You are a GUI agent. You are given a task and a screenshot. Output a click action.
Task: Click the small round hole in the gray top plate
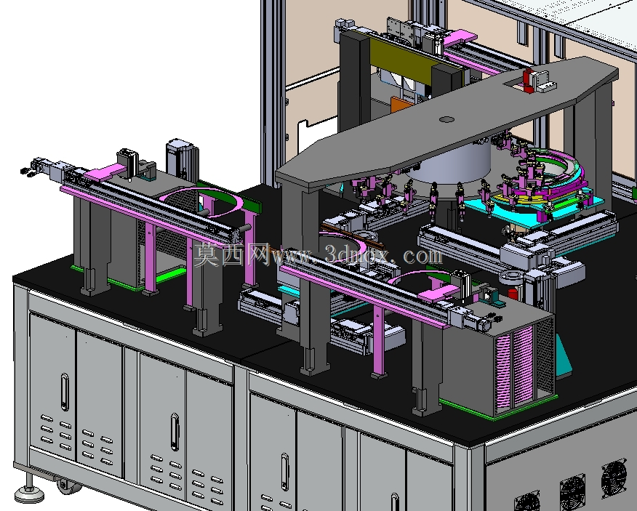447,119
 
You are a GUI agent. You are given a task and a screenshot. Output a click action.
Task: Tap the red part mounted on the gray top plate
528,80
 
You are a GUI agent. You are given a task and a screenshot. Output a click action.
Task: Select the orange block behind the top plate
399,105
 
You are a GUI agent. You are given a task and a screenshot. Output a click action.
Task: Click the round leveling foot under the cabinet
29,493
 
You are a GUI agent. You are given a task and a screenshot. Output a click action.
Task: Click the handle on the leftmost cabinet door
65,392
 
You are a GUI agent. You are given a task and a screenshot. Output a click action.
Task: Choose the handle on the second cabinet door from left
175,432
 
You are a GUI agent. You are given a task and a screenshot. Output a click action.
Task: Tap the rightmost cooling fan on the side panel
614,478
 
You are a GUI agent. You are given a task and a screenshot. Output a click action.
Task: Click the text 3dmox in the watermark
355,256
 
